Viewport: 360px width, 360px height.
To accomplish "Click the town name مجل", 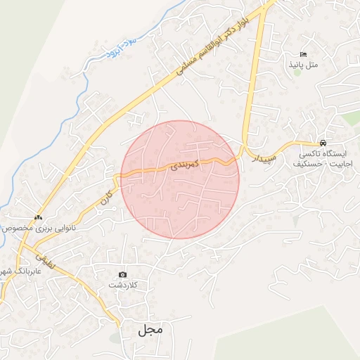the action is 150,329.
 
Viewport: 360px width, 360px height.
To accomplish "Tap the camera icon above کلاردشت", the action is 122,274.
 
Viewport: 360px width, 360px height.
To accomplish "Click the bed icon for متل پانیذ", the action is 303,54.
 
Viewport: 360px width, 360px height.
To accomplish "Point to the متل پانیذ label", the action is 303,65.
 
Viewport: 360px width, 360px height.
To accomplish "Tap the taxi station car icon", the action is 323,141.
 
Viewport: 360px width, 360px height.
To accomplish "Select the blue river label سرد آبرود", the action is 104,49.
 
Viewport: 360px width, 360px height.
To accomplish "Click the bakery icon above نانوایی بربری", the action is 37,217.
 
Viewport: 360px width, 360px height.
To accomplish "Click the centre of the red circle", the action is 180,179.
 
